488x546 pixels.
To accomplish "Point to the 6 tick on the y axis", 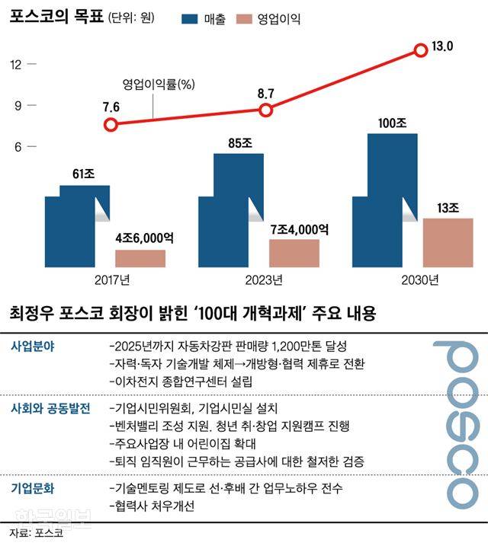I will (15, 146).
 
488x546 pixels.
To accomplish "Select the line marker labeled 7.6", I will (112, 125).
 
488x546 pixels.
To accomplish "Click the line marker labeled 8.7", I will (265, 110).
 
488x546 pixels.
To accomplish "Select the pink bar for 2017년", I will (140, 258).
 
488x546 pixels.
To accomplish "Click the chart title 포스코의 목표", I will (50, 18).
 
